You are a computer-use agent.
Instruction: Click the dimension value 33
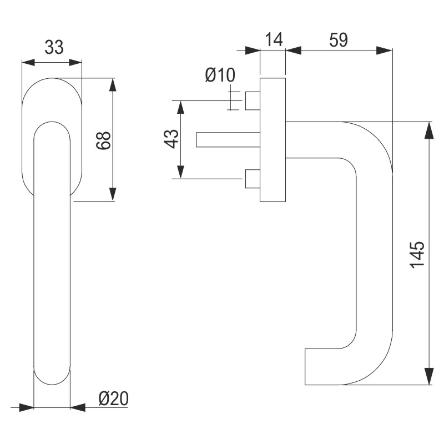[54, 48]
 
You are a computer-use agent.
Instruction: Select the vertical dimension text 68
[104, 140]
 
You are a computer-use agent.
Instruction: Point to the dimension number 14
[273, 39]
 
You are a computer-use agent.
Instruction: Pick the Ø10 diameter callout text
[220, 74]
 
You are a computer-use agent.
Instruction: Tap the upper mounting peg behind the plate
[253, 100]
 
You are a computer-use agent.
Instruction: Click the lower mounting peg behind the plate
[253, 179]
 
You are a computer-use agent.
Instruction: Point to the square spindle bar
[228, 140]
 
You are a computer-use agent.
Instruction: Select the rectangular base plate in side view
[273, 140]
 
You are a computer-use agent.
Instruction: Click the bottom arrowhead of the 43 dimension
[180, 172]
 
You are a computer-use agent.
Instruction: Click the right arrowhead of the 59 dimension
[385, 50]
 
